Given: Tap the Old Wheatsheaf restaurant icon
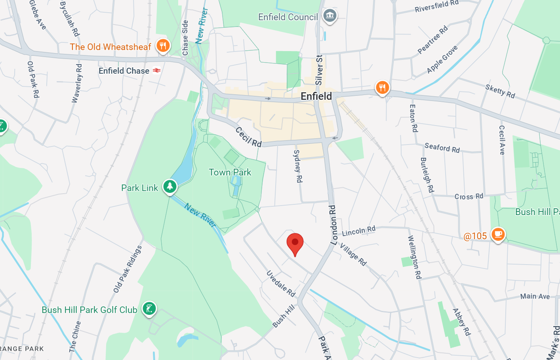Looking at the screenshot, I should click(x=163, y=46).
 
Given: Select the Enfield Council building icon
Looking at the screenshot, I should click(x=330, y=16).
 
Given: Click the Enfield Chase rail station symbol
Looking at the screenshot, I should click(x=157, y=70).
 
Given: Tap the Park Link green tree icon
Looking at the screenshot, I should click(x=170, y=186).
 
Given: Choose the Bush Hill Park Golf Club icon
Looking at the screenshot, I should click(x=149, y=308).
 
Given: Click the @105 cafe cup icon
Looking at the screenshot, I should click(x=498, y=234).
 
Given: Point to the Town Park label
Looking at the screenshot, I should click(x=230, y=172).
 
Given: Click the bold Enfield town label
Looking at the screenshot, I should click(x=316, y=96).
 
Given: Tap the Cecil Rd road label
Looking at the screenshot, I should click(x=248, y=137).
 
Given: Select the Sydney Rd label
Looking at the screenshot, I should click(x=297, y=166).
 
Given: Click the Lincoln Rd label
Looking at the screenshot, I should click(x=358, y=231).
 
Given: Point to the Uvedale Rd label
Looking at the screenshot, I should click(x=281, y=284).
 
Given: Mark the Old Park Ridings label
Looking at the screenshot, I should click(x=128, y=269).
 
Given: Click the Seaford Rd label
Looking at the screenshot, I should click(x=442, y=148).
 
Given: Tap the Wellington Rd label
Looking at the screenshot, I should click(x=414, y=257).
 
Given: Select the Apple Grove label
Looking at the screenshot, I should click(x=442, y=59).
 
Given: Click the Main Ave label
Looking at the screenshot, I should click(x=535, y=296).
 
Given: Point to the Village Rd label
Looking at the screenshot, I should click(x=353, y=254).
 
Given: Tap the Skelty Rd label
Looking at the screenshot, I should click(x=500, y=91).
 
